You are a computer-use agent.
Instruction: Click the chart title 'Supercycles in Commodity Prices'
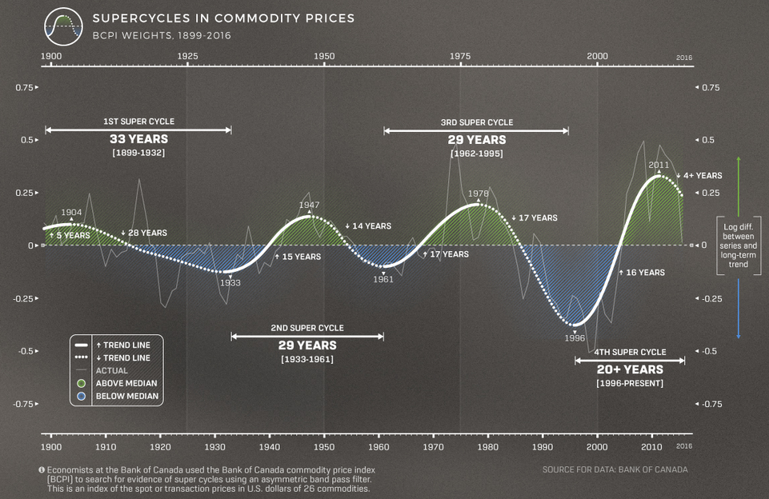coord(223,17)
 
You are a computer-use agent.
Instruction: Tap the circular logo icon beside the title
coord(64,27)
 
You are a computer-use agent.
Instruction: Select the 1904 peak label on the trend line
coord(71,213)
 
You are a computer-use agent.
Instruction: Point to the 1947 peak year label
coord(310,205)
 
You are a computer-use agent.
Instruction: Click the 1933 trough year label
coord(230,283)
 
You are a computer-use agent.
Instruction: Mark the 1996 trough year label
coord(575,337)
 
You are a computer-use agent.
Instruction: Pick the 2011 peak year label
coord(659,166)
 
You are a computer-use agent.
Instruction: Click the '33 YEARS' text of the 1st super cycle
coord(138,139)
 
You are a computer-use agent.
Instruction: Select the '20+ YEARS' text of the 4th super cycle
coord(630,369)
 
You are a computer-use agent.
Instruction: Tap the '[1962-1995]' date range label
coord(476,153)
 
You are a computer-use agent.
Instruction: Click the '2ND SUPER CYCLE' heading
coord(307,328)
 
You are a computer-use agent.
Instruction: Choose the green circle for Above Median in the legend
coord(81,383)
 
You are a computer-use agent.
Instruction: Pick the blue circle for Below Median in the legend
coord(81,396)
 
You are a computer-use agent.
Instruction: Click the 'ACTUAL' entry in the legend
coord(111,370)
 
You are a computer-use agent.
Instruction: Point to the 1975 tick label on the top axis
coord(460,56)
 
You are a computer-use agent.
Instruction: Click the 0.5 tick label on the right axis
coord(708,141)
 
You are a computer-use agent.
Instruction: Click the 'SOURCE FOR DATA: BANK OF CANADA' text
coord(615,469)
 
